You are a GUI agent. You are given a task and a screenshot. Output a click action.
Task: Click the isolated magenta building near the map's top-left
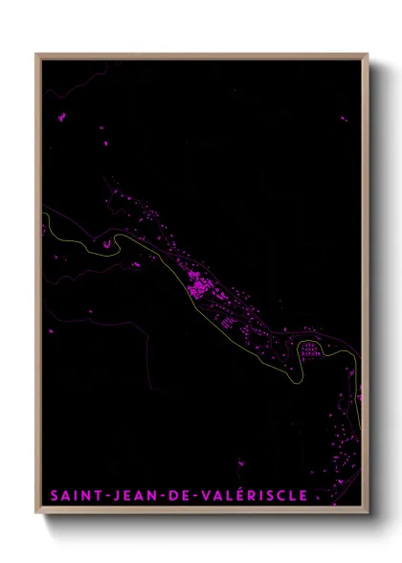63,117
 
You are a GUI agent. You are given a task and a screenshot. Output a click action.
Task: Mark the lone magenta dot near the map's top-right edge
344,119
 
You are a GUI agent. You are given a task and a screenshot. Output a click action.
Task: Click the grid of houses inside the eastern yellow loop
310,349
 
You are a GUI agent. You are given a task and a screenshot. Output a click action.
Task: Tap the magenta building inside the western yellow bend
106,243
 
